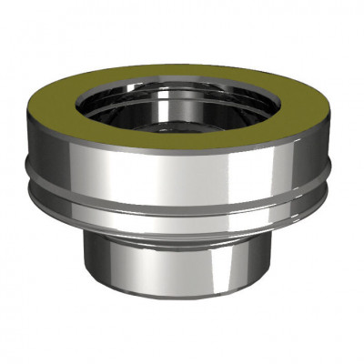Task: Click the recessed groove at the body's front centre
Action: [x=182, y=189]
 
